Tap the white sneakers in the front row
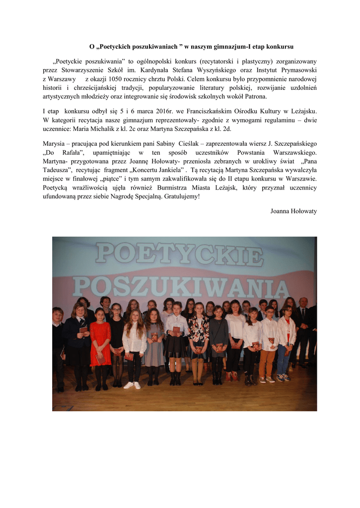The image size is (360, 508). [133, 385]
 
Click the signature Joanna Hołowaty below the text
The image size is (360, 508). [293, 211]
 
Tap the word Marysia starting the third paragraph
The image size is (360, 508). [54, 143]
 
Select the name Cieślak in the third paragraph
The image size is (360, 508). [191, 143]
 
